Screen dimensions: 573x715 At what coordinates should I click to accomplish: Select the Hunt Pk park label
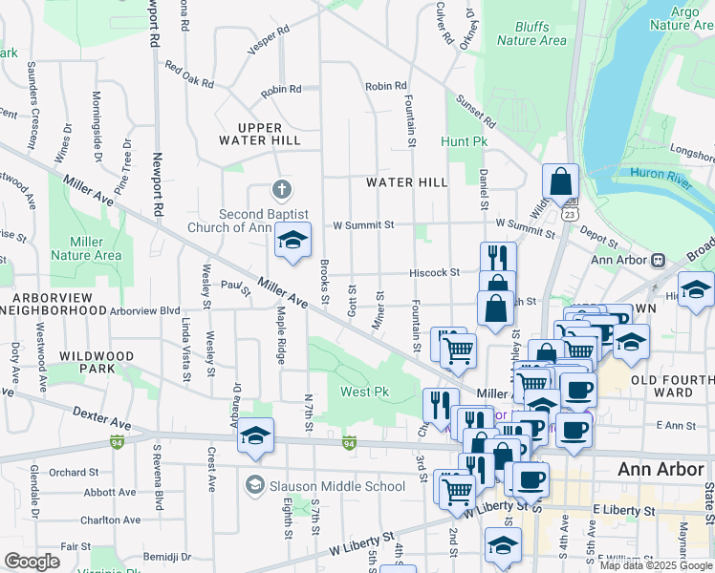465,140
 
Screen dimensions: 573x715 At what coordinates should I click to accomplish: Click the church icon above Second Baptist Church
281,189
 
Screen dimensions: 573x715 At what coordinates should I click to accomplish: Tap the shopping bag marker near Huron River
560,180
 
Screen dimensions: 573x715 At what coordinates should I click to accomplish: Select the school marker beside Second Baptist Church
293,241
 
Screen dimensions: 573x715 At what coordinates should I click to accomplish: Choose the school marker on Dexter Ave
255,435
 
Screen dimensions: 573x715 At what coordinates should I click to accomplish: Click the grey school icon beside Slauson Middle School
254,486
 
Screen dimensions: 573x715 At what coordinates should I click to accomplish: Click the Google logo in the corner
32,562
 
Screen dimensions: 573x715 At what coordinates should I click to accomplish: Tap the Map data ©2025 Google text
656,565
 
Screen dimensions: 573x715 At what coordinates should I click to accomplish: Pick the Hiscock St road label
434,272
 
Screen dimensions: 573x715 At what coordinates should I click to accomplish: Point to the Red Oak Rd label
189,74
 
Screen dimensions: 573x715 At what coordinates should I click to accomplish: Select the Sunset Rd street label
475,111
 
